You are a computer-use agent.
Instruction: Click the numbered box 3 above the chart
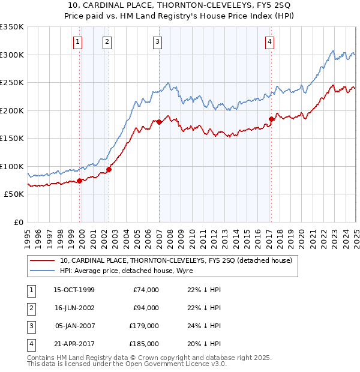(157, 42)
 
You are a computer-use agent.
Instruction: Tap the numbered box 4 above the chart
(270, 42)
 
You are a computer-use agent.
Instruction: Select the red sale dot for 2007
(160, 122)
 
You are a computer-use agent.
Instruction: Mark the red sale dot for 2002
(109, 170)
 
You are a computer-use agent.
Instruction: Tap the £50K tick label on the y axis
(14, 194)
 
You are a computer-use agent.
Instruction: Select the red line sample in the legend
(43, 260)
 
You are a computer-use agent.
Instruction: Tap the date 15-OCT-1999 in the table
(74, 290)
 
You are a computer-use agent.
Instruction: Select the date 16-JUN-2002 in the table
(74, 308)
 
